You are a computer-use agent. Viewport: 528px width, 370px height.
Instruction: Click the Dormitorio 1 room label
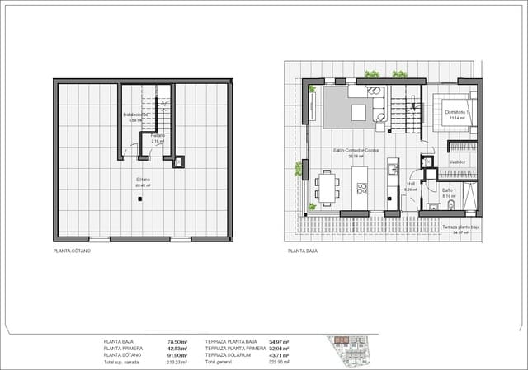coord(457,112)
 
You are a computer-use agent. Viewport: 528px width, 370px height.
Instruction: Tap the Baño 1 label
coord(449,190)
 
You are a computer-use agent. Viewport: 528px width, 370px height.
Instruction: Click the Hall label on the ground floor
coord(410,184)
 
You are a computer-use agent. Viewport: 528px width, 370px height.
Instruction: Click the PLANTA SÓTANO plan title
coord(72,250)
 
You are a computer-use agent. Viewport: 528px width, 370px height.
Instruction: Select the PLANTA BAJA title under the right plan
coord(302,250)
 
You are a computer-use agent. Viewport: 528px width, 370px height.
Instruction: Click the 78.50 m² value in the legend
coord(177,341)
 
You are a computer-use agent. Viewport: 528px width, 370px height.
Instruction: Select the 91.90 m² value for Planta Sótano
coord(177,354)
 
